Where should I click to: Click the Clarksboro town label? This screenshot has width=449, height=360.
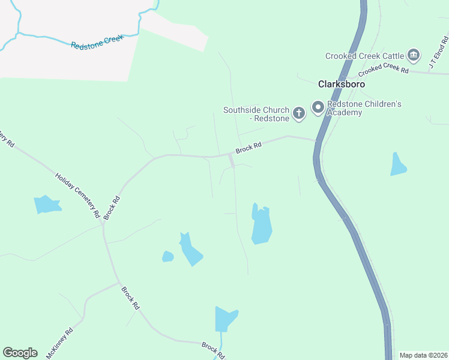click(x=342, y=85)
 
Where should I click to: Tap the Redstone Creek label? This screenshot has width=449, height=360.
click(x=97, y=41)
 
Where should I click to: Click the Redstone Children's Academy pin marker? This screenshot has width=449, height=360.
click(x=317, y=108)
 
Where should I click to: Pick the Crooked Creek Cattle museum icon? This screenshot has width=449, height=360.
click(x=413, y=56)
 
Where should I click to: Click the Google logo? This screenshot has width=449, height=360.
click(x=20, y=353)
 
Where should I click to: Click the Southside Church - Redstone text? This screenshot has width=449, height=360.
click(x=257, y=113)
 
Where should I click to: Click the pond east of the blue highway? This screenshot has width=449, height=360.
click(x=398, y=164)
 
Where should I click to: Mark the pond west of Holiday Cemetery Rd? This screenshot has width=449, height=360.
click(x=47, y=204)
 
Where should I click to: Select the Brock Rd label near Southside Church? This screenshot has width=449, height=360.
click(x=249, y=146)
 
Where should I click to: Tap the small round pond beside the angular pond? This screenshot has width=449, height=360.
click(x=168, y=257)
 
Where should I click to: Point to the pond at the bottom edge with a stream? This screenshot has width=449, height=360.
click(x=225, y=319)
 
